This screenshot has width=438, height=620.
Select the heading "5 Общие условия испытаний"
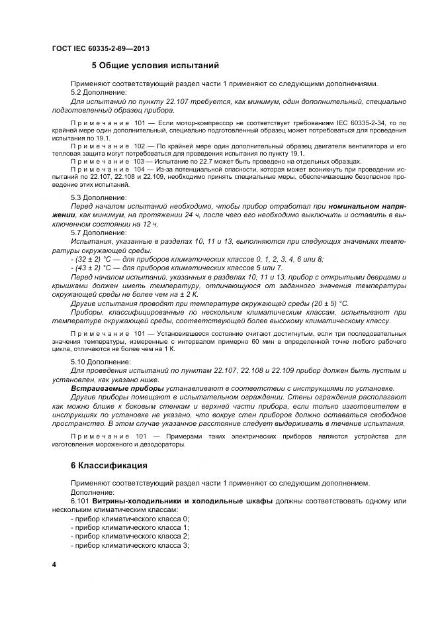(155, 66)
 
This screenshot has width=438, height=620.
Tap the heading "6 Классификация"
(109, 466)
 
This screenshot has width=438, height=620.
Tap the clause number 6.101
(80, 501)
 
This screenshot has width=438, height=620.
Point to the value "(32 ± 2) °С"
(94, 259)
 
